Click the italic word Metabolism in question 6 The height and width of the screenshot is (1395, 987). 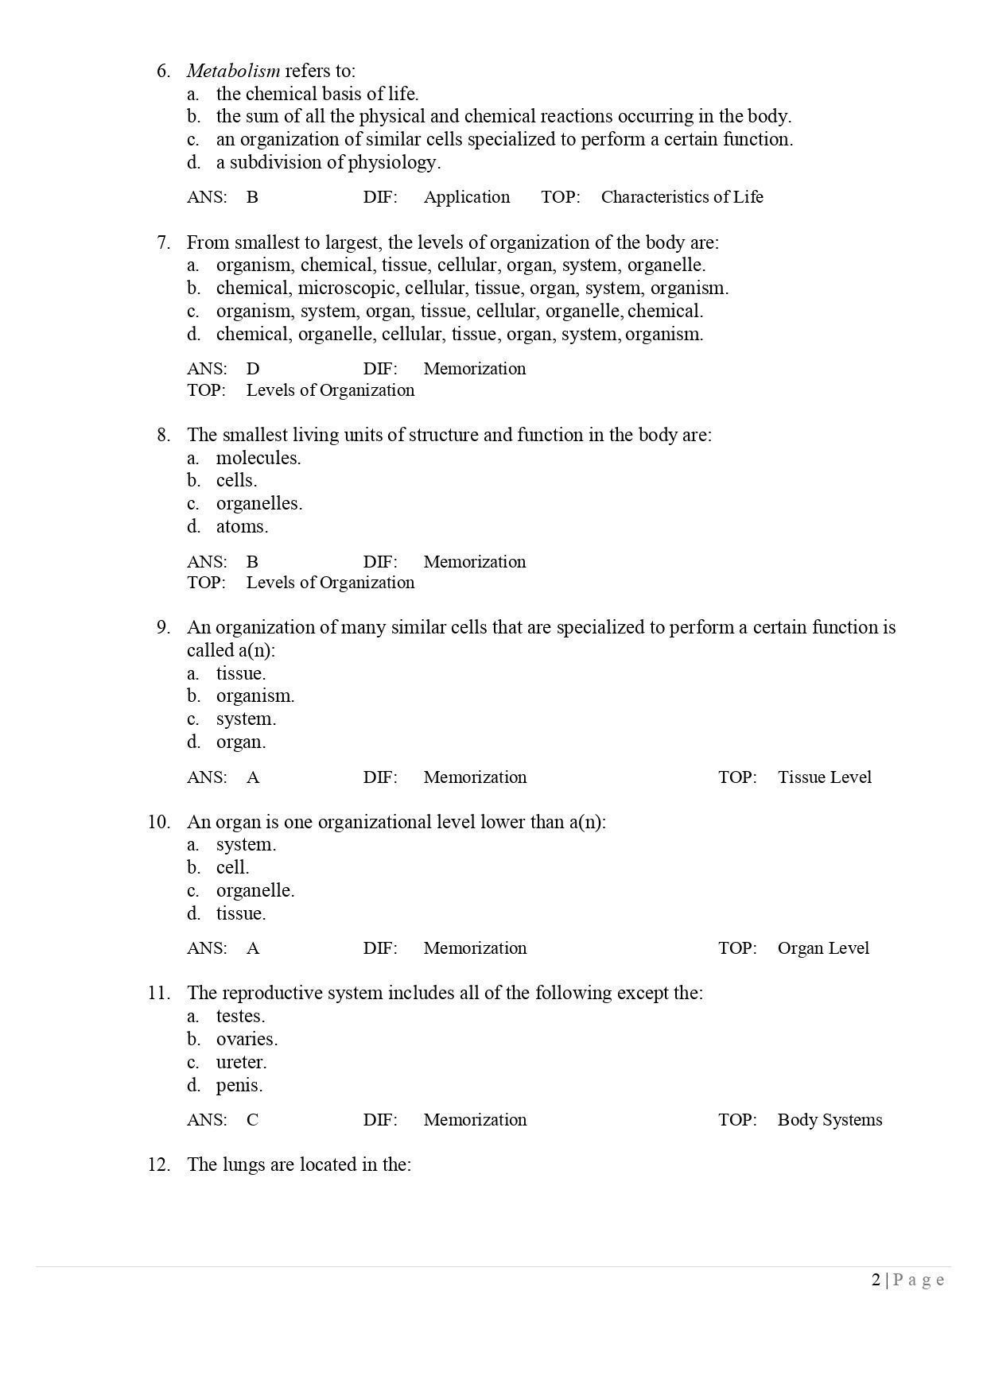(233, 71)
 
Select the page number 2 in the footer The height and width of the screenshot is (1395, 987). (876, 1279)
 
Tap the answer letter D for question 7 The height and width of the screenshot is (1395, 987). (253, 369)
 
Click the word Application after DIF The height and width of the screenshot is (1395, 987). (466, 197)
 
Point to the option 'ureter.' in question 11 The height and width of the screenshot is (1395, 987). (241, 1062)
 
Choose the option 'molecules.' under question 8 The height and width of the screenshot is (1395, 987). (258, 458)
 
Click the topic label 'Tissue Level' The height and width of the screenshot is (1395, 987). (824, 777)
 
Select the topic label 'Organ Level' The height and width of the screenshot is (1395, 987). (823, 948)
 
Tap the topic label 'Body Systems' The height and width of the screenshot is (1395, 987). (830, 1120)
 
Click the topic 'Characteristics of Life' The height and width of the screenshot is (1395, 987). (682, 197)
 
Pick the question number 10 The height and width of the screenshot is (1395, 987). (158, 822)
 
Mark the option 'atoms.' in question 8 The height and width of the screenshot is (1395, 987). (242, 526)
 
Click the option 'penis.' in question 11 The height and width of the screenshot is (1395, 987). (239, 1085)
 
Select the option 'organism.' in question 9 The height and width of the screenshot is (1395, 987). (255, 696)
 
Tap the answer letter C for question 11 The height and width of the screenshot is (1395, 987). (252, 1120)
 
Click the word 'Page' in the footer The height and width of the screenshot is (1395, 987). (919, 1279)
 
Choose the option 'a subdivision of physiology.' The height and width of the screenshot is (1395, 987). (328, 162)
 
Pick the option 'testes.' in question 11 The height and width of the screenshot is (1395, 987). (240, 1016)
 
